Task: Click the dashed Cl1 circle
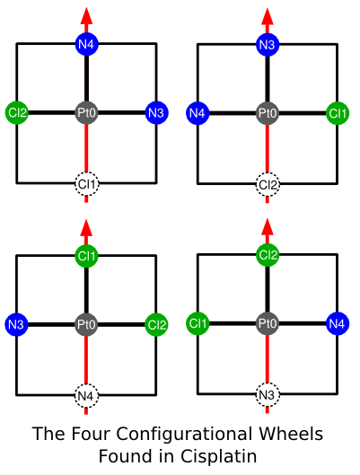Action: coord(86,184)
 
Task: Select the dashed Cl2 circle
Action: coord(268,184)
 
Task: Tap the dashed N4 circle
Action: coord(86,396)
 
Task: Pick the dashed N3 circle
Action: coord(268,395)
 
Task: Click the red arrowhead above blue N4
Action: coord(86,16)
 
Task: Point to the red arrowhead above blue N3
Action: coord(268,16)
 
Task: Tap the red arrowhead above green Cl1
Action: coord(86,227)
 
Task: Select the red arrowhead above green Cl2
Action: coord(268,226)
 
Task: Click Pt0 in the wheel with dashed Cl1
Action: coord(86,113)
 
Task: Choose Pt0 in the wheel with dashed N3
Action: coord(268,323)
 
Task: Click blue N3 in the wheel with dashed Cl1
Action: coord(156,113)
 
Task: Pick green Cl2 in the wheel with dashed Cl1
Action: coord(17,113)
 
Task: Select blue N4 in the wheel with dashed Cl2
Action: coord(198,113)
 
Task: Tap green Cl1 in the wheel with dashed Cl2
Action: coord(338,113)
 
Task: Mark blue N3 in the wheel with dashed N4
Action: coord(17,324)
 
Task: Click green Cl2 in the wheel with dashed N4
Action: coord(156,325)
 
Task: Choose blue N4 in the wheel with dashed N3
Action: coord(338,323)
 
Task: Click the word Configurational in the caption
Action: coord(184,435)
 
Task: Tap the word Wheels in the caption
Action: coord(291,433)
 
